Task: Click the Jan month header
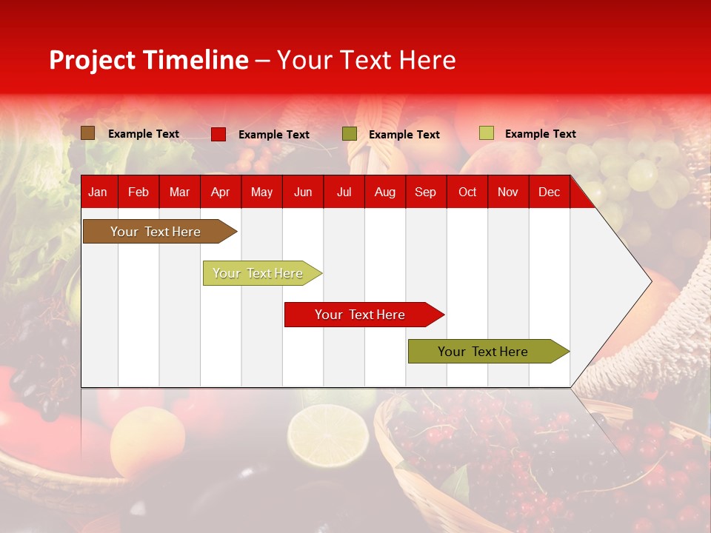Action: click(x=98, y=192)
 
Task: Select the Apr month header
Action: click(x=220, y=192)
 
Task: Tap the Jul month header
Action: click(x=344, y=192)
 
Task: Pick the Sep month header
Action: click(x=425, y=192)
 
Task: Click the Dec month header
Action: click(x=549, y=192)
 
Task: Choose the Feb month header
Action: click(x=138, y=192)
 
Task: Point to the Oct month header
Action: click(x=467, y=192)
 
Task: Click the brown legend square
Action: click(x=88, y=133)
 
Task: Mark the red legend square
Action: click(x=218, y=134)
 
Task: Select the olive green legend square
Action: click(x=350, y=134)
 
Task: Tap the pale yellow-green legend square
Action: click(x=487, y=133)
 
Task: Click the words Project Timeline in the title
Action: click(x=148, y=60)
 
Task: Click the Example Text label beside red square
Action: click(x=274, y=135)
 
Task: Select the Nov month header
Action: click(x=508, y=192)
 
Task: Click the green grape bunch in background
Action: click(x=630, y=167)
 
